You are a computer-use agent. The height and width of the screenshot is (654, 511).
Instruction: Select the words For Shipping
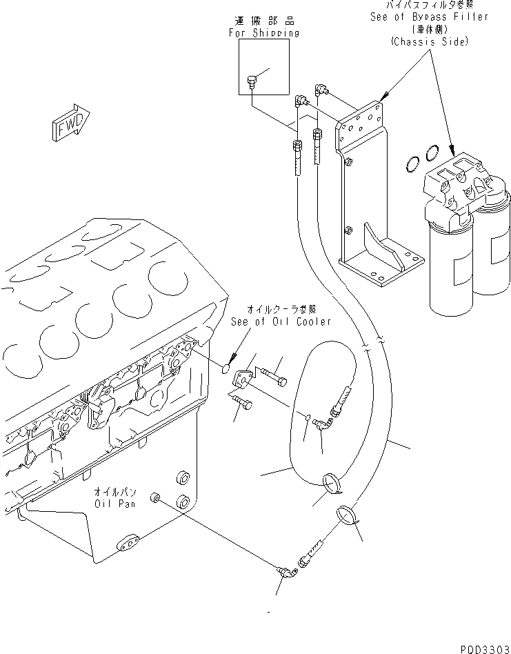pyautogui.click(x=263, y=32)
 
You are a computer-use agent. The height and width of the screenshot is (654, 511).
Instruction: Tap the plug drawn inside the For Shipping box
pyautogui.click(x=252, y=83)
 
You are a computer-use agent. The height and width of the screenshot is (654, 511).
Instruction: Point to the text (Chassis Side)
pyautogui.click(x=428, y=42)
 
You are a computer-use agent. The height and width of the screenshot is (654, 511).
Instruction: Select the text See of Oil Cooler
pyautogui.click(x=281, y=321)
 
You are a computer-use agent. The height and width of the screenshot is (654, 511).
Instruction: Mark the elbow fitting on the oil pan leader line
pyautogui.click(x=283, y=571)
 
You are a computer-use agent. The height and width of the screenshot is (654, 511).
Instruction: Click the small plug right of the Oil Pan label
pyautogui.click(x=158, y=498)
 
